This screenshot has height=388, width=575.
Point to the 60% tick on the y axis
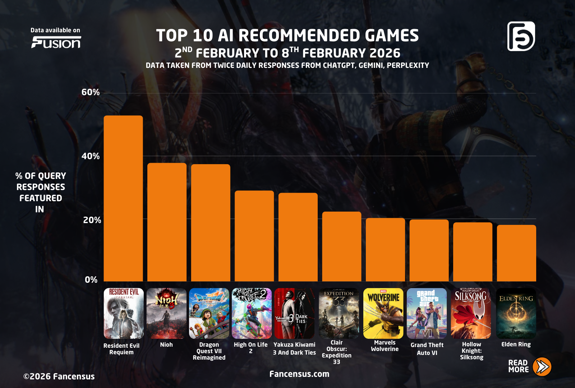point(91,92)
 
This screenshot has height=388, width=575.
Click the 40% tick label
point(91,156)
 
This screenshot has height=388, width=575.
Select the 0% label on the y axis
point(91,280)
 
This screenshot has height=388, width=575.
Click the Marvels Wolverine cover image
point(383,313)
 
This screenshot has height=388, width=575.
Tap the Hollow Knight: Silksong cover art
point(471,313)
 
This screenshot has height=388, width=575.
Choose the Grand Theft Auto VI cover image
point(427,313)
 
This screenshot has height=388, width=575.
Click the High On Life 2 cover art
point(252,313)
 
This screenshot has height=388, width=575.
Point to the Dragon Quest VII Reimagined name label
point(209,351)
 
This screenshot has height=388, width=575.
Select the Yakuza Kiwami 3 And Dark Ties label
point(294,348)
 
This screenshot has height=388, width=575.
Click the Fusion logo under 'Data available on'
point(56,43)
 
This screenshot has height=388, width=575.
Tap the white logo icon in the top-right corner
point(521,36)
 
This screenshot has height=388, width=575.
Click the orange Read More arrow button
point(542,366)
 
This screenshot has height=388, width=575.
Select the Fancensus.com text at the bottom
point(299,374)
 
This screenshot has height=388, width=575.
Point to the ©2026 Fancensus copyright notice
point(59,377)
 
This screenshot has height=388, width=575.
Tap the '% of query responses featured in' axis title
point(41,193)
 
